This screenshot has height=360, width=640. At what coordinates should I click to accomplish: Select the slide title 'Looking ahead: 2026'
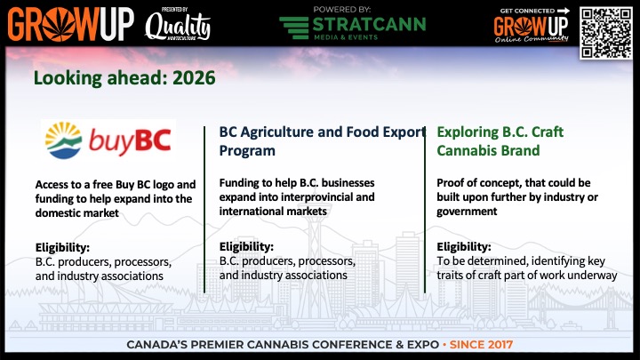[124, 77]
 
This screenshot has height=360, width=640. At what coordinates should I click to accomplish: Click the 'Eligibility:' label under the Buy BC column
[63, 246]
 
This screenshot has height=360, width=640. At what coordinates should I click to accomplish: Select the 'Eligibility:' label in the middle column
[246, 246]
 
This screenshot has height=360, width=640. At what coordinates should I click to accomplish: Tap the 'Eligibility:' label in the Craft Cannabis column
[464, 246]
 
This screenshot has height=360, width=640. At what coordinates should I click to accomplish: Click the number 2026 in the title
[195, 77]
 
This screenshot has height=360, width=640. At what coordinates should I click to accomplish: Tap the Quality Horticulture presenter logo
[178, 27]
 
